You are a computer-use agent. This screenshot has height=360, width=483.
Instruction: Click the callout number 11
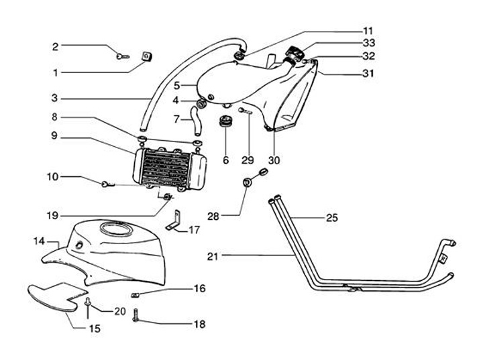(368, 31)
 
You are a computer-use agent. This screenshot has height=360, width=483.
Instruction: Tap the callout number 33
(368, 44)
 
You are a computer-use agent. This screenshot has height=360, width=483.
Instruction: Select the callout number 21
(213, 255)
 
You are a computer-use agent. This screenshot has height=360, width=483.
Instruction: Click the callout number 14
(39, 239)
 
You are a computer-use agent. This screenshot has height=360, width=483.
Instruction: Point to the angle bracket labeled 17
(176, 220)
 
